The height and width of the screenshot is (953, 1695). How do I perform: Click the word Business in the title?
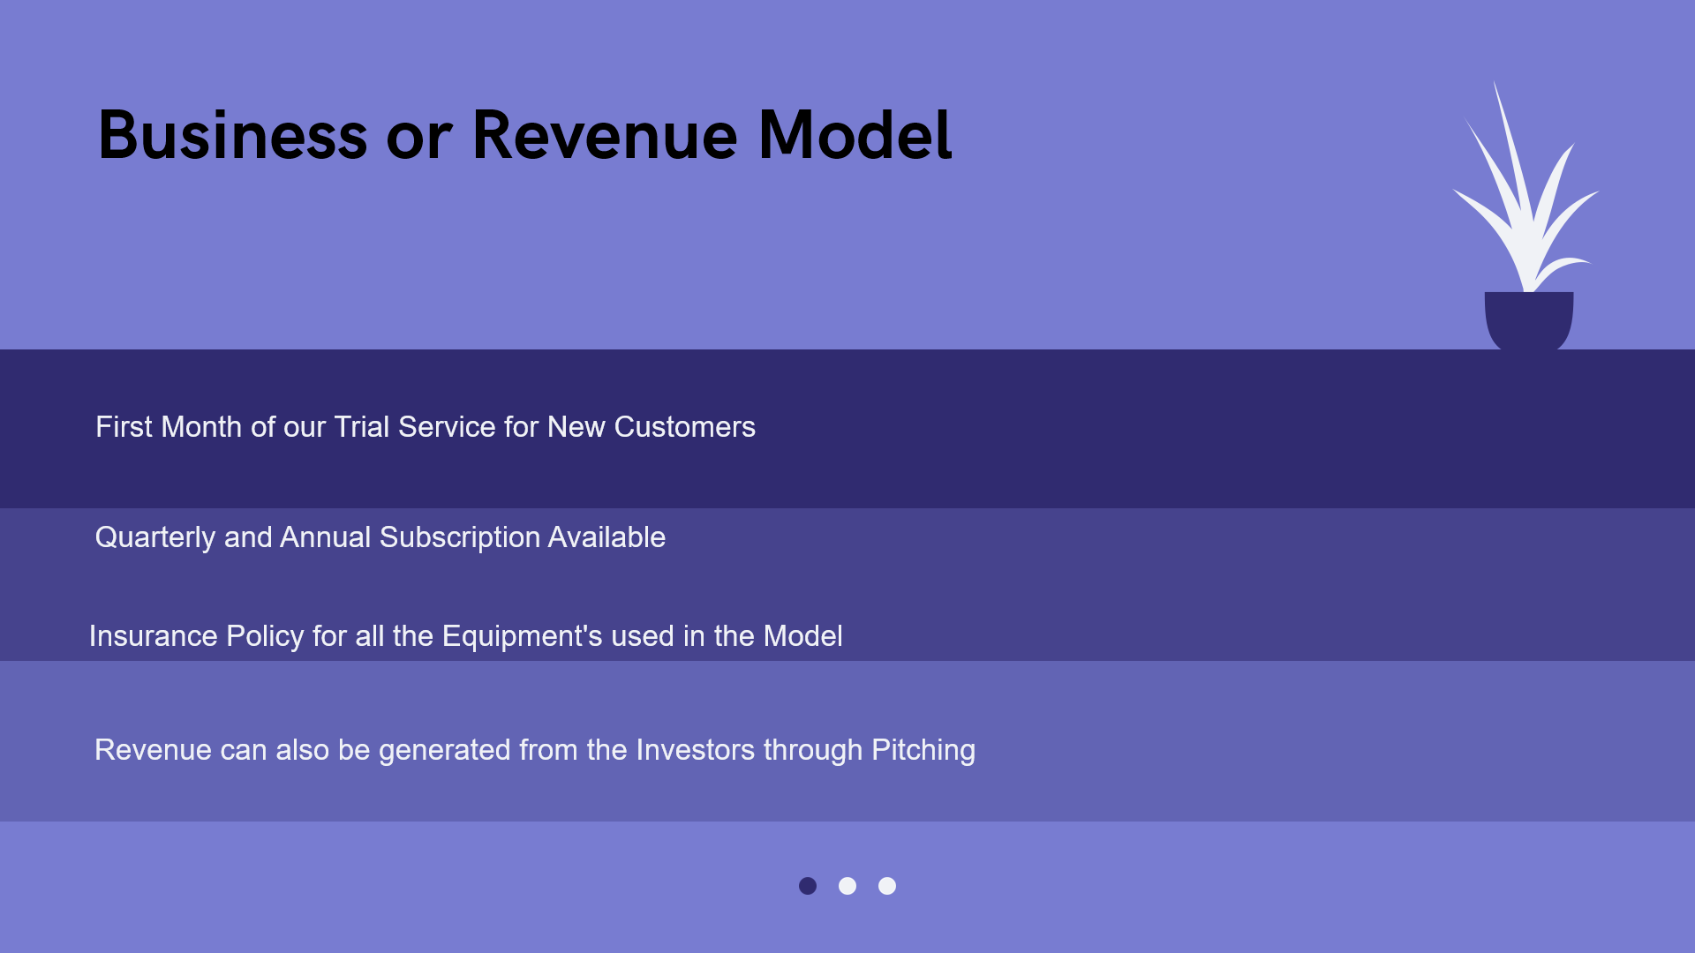232,135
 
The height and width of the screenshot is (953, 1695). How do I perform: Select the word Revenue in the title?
605,135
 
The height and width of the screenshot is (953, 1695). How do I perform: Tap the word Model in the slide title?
855,135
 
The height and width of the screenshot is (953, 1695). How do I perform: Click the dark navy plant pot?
1529,320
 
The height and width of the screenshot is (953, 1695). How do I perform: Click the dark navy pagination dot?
808,886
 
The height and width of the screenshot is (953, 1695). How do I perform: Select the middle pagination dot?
847,886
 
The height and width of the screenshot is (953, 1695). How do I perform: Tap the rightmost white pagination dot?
887,886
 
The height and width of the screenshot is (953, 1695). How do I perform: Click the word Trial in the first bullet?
362,427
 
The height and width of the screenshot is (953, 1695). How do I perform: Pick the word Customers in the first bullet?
685,427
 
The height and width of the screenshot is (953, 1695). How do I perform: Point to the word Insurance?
154,636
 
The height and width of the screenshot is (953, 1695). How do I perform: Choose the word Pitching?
923,751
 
